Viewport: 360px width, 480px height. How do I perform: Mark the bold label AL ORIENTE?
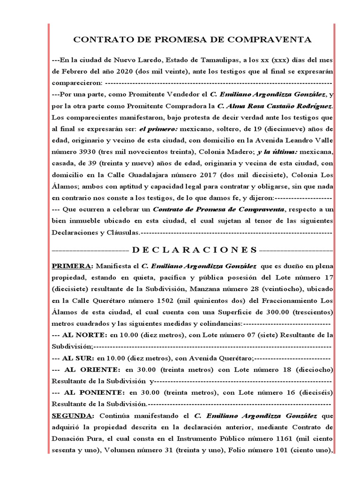92,369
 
